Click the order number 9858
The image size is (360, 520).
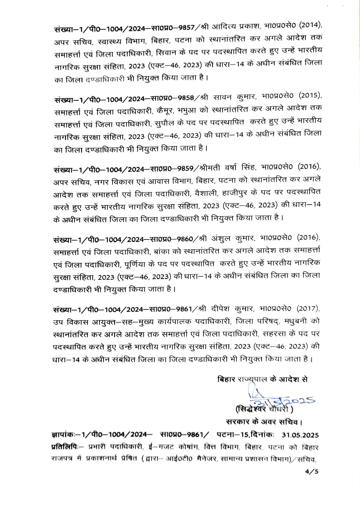[x=186, y=98]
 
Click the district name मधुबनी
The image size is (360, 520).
[x=297, y=321]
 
